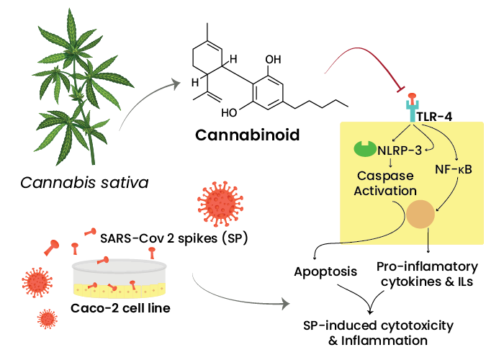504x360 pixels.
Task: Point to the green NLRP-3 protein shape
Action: pos(363,148)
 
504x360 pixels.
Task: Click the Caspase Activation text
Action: pos(387,183)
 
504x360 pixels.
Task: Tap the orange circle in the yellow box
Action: pos(421,214)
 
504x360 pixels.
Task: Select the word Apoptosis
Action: pos(325,272)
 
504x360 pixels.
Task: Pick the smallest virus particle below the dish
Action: pos(47,318)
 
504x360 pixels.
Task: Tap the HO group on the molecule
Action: pos(230,113)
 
